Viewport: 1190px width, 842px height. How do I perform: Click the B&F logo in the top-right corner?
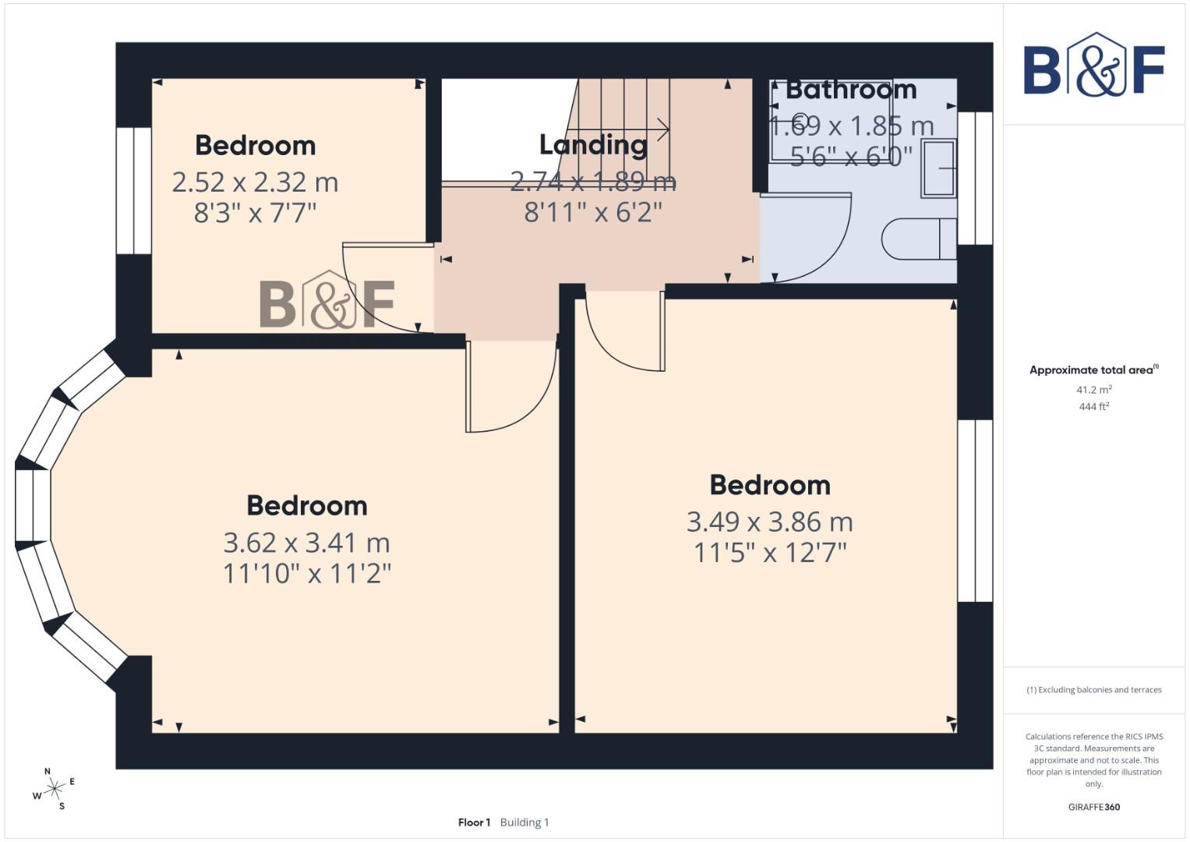point(1093,65)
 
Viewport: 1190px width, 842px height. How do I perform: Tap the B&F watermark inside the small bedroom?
point(327,301)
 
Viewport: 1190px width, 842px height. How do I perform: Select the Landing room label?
point(593,145)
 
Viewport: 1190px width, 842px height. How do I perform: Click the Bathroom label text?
point(850,90)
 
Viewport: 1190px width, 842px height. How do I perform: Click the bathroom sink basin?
point(938,168)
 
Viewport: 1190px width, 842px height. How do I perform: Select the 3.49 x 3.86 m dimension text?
point(769,522)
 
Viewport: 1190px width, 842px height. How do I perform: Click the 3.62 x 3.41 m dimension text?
point(306,542)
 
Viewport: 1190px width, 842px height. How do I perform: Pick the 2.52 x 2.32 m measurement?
point(255,182)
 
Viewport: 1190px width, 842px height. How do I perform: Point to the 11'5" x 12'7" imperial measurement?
point(769,553)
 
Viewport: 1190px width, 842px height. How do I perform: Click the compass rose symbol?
point(54,789)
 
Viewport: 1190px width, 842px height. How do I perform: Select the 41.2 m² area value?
point(1093,390)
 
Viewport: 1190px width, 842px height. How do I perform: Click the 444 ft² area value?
point(1093,407)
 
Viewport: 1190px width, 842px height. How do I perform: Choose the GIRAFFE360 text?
point(1093,807)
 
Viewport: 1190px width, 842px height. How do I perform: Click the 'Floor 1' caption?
point(474,823)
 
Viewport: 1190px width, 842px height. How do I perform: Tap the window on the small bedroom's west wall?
point(134,191)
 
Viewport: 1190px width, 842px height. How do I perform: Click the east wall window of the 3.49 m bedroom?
point(975,511)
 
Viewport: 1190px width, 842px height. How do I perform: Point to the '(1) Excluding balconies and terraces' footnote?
point(1093,690)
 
